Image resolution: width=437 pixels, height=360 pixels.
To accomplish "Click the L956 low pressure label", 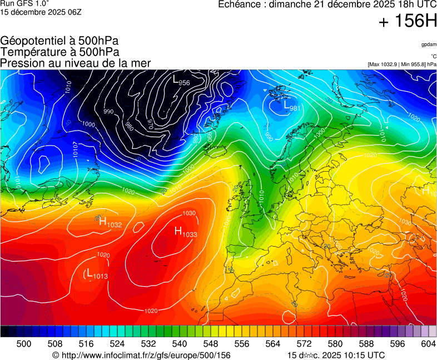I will pyautogui.click(x=181, y=81).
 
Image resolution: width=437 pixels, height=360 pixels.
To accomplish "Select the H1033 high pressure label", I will pyautogui.click(x=186, y=232).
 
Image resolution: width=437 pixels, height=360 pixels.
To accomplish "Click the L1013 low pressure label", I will pyautogui.click(x=97, y=274).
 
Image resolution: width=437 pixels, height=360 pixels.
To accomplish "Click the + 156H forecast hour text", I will pyautogui.click(x=408, y=22).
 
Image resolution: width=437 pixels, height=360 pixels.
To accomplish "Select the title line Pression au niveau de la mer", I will pyautogui.click(x=76, y=63).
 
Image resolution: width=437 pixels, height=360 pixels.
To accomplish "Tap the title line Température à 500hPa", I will pyautogui.click(x=59, y=52).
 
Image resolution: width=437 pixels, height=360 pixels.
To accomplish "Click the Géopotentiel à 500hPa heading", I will pyautogui.click(x=59, y=41).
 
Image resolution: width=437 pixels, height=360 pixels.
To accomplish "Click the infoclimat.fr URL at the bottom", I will pyautogui.click(x=145, y=355).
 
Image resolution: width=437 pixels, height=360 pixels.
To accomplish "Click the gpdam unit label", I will pyautogui.click(x=429, y=44).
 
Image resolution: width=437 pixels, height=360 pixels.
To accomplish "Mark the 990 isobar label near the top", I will pyautogui.click(x=108, y=112).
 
